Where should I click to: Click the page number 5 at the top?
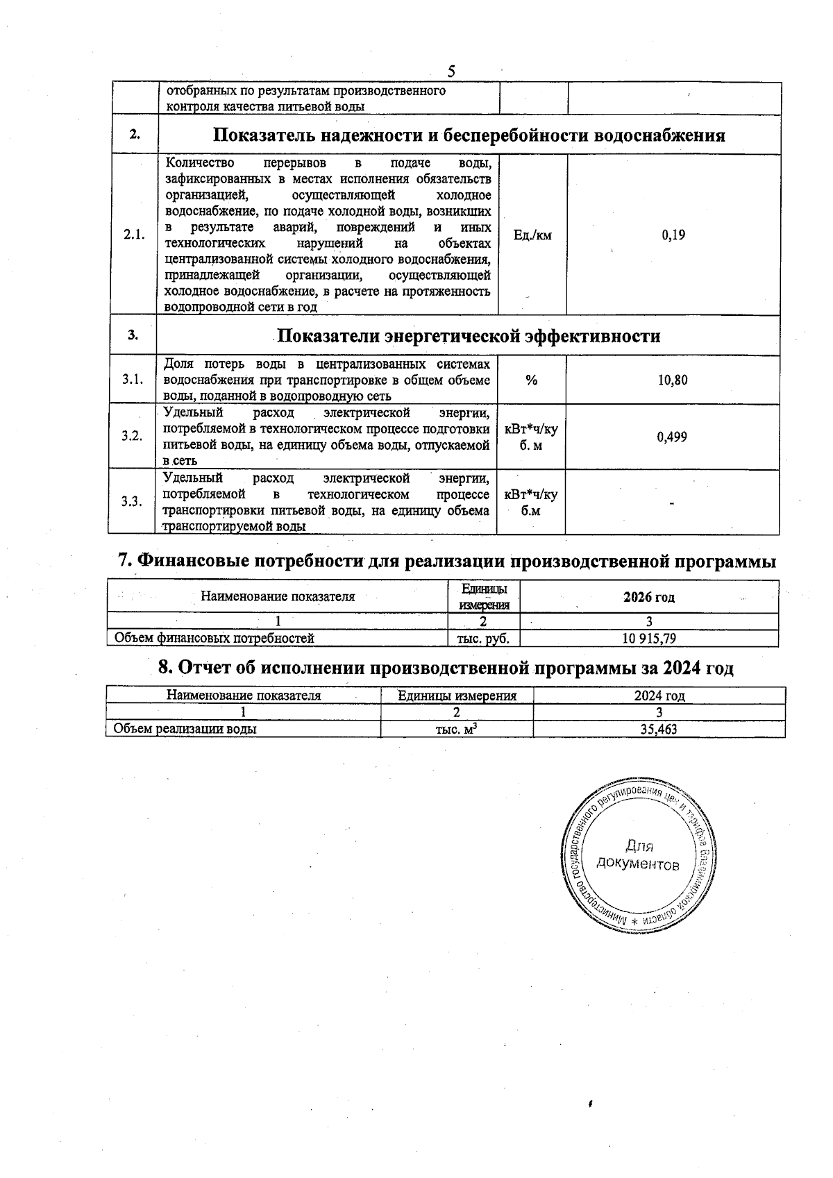[x=451, y=71]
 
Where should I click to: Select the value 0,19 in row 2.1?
[x=673, y=235]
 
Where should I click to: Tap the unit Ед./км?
[x=532, y=235]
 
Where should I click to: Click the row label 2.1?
[x=134, y=235]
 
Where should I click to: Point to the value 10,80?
[x=673, y=380]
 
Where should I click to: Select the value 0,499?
[x=673, y=437]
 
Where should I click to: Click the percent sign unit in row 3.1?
[x=532, y=380]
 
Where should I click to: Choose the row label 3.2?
[x=132, y=436]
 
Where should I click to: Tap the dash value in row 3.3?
[x=672, y=503]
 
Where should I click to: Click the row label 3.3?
[x=132, y=502]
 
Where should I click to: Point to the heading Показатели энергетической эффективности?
[x=469, y=337]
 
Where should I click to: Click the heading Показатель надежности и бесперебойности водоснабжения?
[x=469, y=135]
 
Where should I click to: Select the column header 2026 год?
[x=648, y=597]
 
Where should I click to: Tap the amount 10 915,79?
[x=648, y=638]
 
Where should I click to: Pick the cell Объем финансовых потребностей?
[x=214, y=638]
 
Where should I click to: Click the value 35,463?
[x=659, y=729]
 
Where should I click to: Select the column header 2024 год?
[x=659, y=696]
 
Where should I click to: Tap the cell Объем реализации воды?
[x=185, y=729]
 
